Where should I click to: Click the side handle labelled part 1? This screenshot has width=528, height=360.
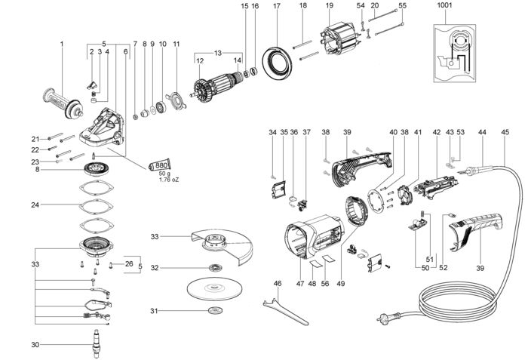63,103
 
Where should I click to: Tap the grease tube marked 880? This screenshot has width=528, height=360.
160,165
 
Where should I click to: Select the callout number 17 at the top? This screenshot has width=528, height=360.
277,6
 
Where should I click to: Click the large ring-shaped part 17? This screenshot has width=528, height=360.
277,63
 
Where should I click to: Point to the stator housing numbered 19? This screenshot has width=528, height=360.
339,40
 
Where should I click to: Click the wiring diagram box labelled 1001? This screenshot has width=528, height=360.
455,54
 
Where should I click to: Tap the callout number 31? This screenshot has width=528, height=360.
154,311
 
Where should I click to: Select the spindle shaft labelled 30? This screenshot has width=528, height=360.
96,343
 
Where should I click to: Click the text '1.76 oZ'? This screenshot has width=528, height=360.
169,180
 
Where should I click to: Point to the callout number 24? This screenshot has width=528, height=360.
35,205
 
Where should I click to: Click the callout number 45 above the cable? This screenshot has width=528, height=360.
505,132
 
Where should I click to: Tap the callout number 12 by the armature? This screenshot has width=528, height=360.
200,61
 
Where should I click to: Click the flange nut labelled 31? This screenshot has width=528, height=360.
213,310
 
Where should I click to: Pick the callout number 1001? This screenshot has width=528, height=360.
445,6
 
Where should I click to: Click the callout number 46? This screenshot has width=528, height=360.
277,284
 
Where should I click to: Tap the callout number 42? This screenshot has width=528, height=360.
437,132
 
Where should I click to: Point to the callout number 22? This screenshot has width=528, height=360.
35,149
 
